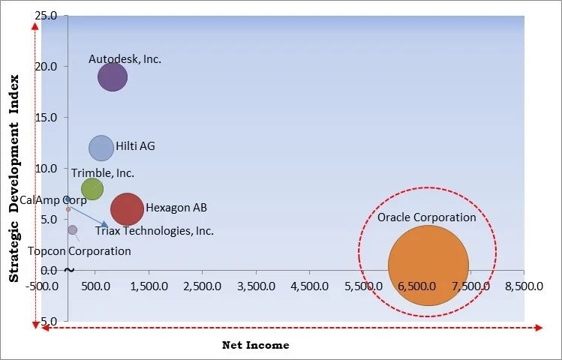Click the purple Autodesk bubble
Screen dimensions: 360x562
click(113, 76)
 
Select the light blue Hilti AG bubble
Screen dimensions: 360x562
click(101, 148)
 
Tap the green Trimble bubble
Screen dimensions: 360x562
click(92, 189)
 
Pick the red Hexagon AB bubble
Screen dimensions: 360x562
click(128, 209)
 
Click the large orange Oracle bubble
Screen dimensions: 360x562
click(428, 265)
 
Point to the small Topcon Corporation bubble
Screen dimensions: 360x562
click(72, 230)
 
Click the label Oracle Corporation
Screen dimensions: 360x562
click(426, 217)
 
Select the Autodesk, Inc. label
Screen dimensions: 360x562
click(125, 58)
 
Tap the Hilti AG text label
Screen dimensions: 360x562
click(135, 147)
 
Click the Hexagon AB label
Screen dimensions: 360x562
click(176, 208)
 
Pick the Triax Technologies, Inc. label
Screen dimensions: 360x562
click(154, 231)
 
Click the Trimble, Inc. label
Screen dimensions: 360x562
click(103, 173)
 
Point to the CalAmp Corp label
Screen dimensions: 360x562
click(53, 200)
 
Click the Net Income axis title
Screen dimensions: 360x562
click(255, 345)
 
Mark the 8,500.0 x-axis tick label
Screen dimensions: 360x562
click(524, 286)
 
